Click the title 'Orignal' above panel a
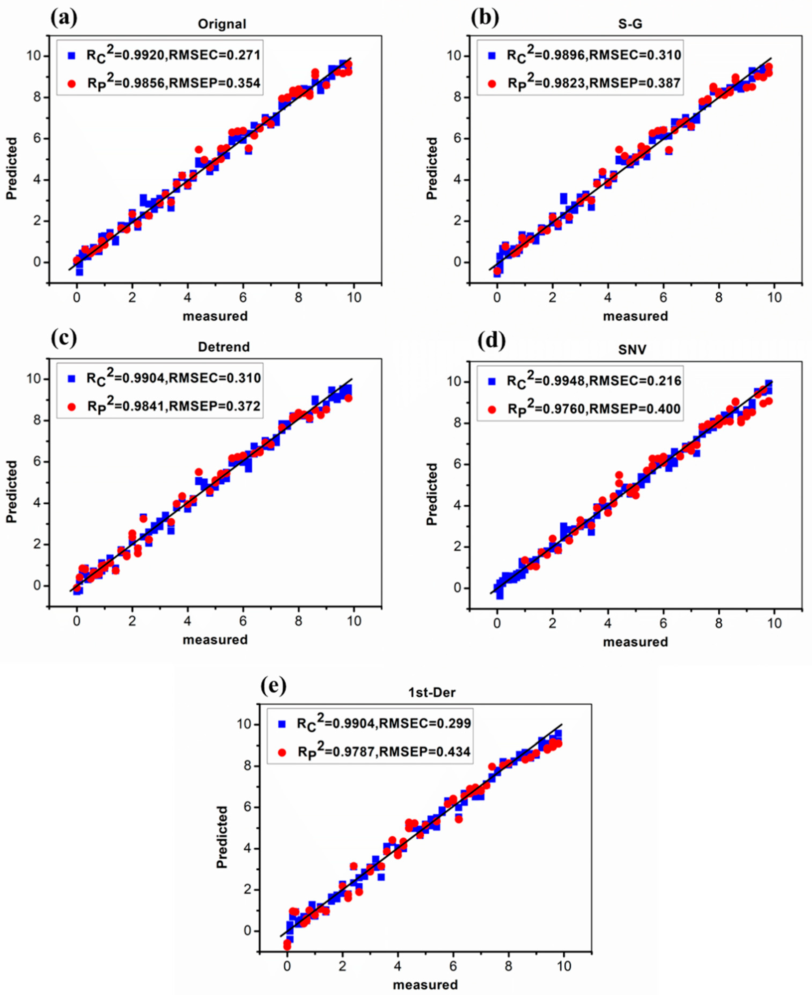(222, 24)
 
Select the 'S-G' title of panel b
(630, 24)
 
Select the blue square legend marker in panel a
(72, 56)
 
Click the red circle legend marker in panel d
(492, 410)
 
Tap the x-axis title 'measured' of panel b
(635, 316)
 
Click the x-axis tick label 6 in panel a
(243, 297)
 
